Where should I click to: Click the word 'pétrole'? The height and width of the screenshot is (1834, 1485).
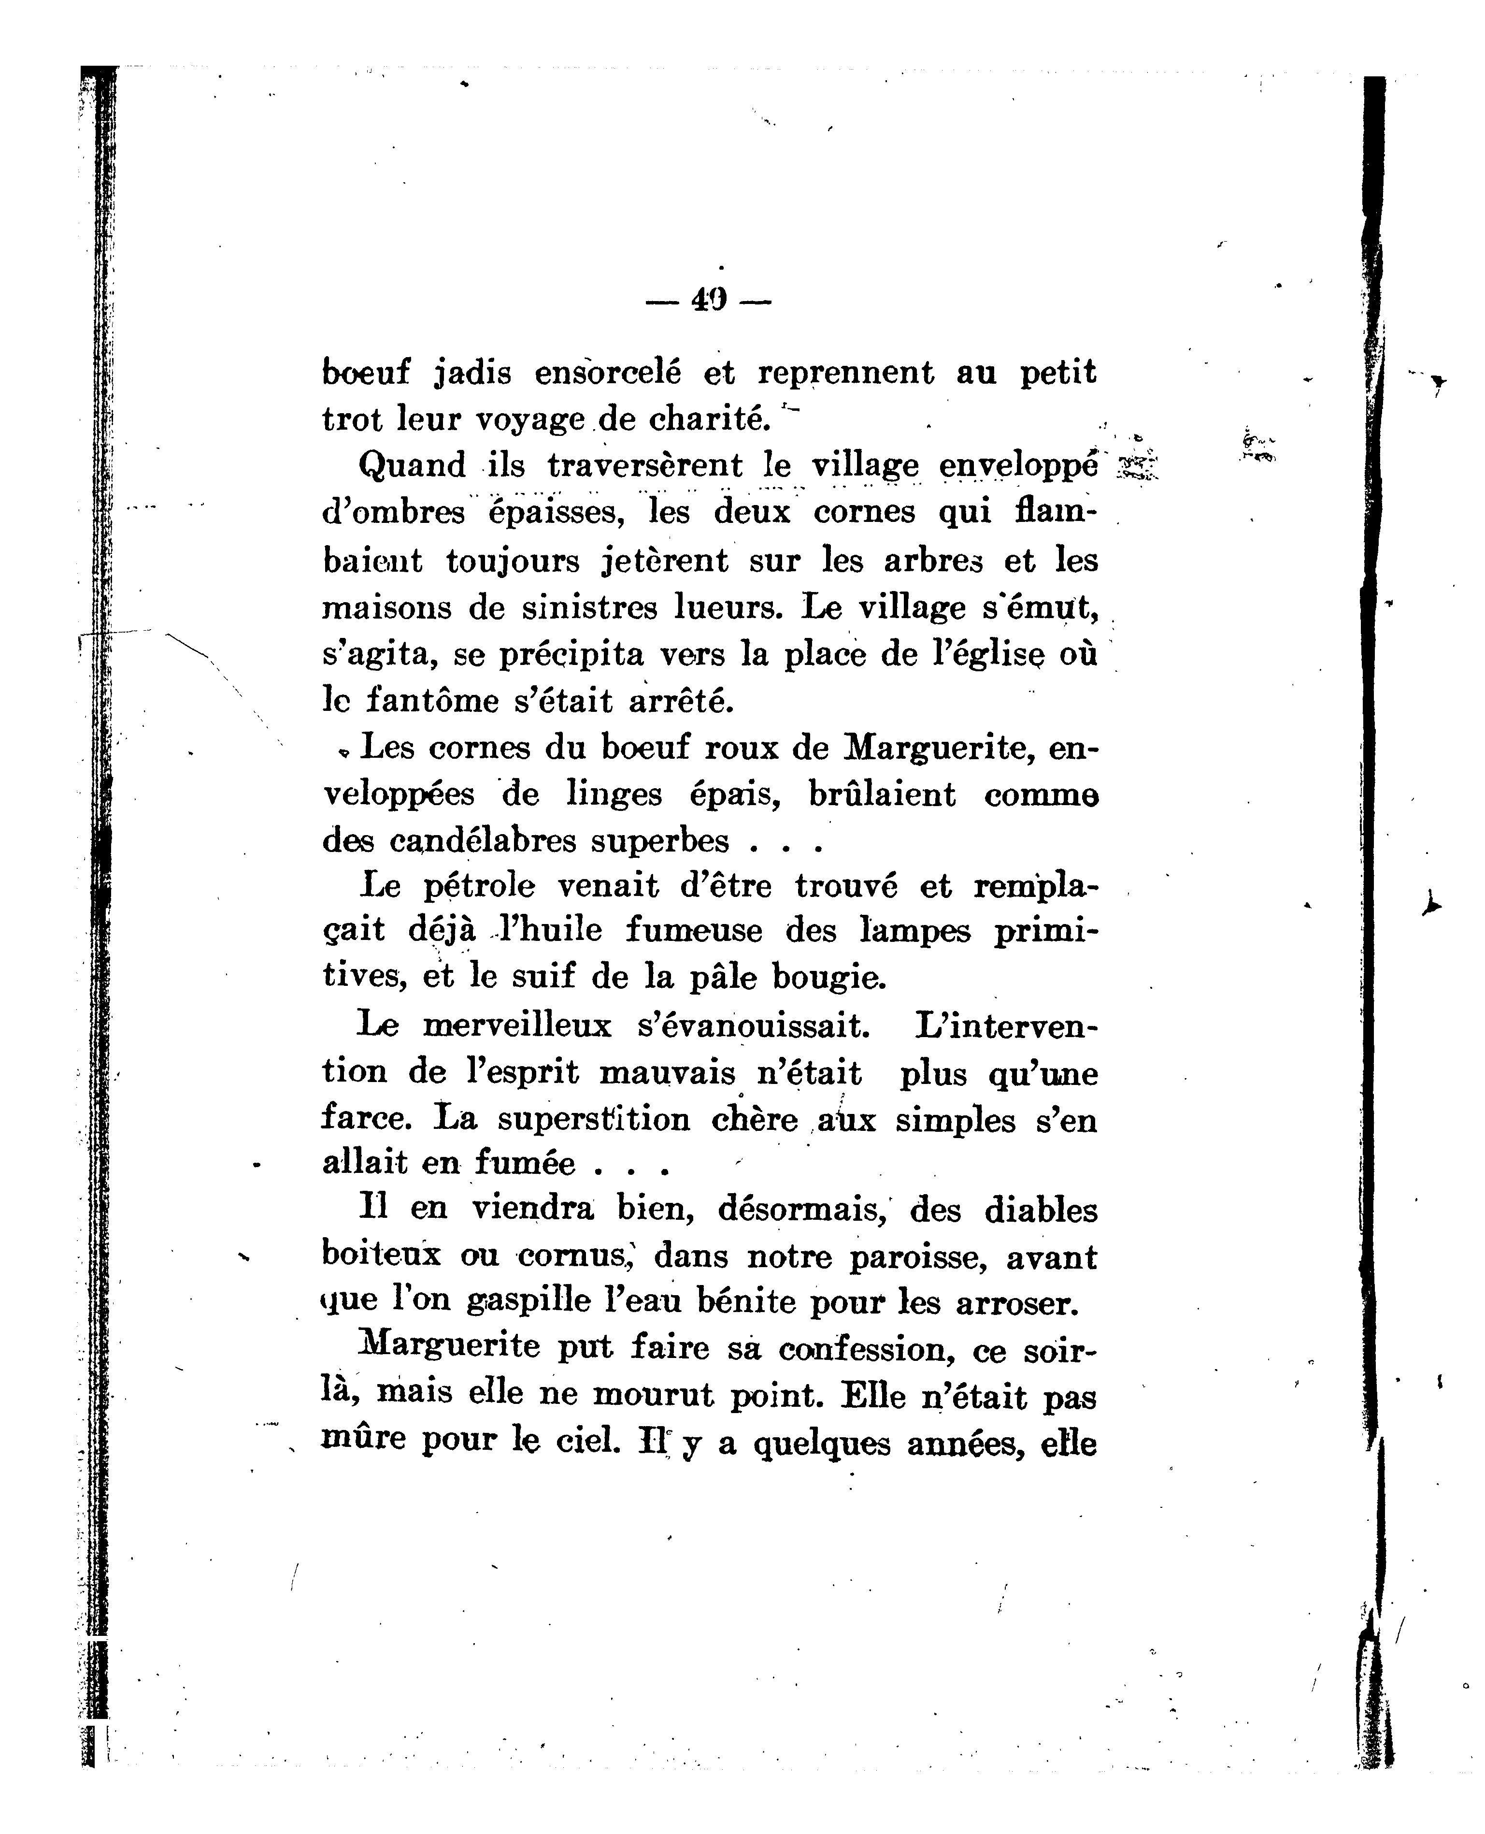coord(479,887)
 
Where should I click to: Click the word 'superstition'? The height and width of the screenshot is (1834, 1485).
coord(594,1119)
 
